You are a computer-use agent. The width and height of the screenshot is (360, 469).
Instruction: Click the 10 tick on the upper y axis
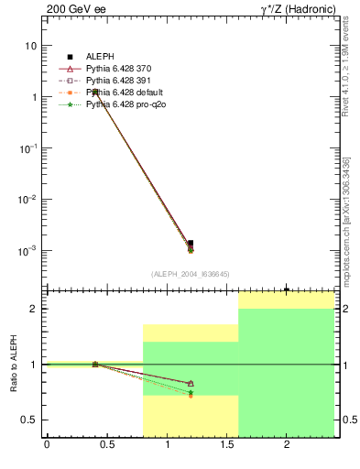click(30, 46)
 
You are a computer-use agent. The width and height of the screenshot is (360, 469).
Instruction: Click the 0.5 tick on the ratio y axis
click(31, 420)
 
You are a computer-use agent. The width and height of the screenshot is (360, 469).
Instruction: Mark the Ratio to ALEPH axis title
click(13, 365)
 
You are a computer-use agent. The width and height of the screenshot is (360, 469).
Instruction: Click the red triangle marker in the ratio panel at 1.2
click(191, 383)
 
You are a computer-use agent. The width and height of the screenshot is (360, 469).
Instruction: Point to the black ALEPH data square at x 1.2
click(191, 243)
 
